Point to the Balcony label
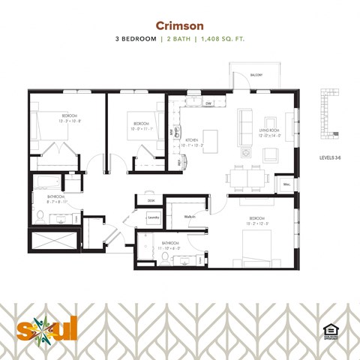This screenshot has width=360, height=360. coord(256,75)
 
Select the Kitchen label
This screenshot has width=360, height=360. coord(193,139)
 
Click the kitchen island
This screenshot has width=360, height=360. coord(211,140)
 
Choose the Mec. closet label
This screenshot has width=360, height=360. coord(286,184)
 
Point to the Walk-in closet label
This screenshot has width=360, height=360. coord(190,216)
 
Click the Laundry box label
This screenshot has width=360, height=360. coord(152,218)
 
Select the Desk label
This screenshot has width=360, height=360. coord(151,200)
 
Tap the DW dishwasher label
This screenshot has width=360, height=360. coord(208,103)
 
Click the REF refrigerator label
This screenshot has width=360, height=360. coord(178,162)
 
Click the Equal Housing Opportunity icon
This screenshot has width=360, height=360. coord(328,330)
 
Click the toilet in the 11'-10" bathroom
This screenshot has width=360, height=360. coord(164,258)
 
